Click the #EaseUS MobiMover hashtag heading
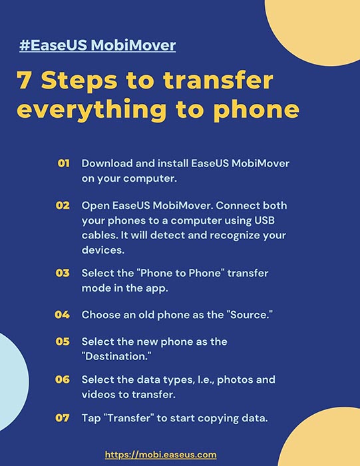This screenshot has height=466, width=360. [97, 45]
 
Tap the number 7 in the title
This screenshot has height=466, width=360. [25, 81]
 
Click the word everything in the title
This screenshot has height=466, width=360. [91, 110]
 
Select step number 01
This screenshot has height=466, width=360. [64, 163]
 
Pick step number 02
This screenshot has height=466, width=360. [63, 205]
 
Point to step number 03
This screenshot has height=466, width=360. [63, 273]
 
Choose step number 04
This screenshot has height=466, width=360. [63, 314]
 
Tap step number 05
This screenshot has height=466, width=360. [63, 341]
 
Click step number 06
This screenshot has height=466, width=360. [63, 379]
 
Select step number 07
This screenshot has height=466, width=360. [63, 418]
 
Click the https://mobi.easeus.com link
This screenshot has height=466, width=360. [160, 455]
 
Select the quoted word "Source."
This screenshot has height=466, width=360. [250, 314]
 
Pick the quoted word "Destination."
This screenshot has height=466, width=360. [116, 356]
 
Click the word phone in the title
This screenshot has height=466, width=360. [256, 110]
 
